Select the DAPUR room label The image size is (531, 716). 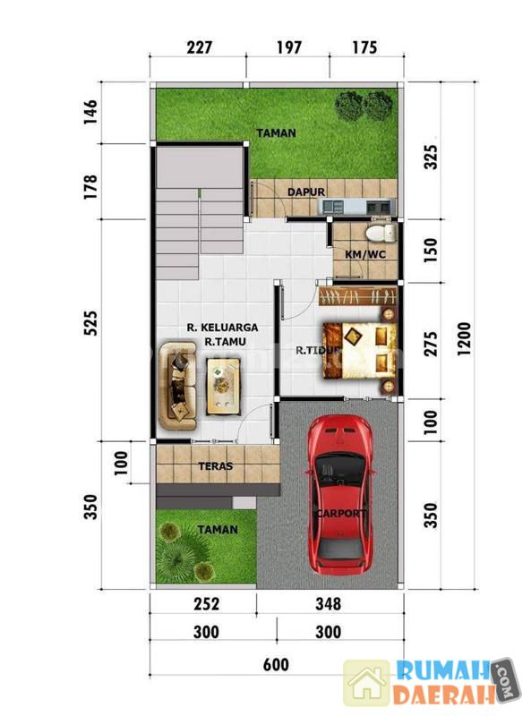(x=306, y=192)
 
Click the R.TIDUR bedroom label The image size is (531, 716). (x=318, y=351)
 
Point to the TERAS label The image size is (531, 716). (x=216, y=466)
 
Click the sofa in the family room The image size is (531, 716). (x=178, y=386)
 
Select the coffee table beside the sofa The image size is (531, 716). (x=223, y=387)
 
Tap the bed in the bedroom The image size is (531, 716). (x=360, y=351)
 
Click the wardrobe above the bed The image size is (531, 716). (x=357, y=297)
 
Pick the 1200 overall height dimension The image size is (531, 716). (x=463, y=339)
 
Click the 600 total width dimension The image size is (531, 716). (x=276, y=664)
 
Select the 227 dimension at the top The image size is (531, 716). (x=200, y=47)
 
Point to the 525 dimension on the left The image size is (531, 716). (x=90, y=323)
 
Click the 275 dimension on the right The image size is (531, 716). (x=430, y=344)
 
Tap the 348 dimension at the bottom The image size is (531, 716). (x=328, y=604)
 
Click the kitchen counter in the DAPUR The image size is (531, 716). (x=357, y=207)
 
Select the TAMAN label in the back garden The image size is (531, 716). (x=276, y=133)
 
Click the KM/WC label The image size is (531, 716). (x=365, y=254)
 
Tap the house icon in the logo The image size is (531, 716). (x=367, y=683)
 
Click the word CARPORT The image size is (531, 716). (x=341, y=513)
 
